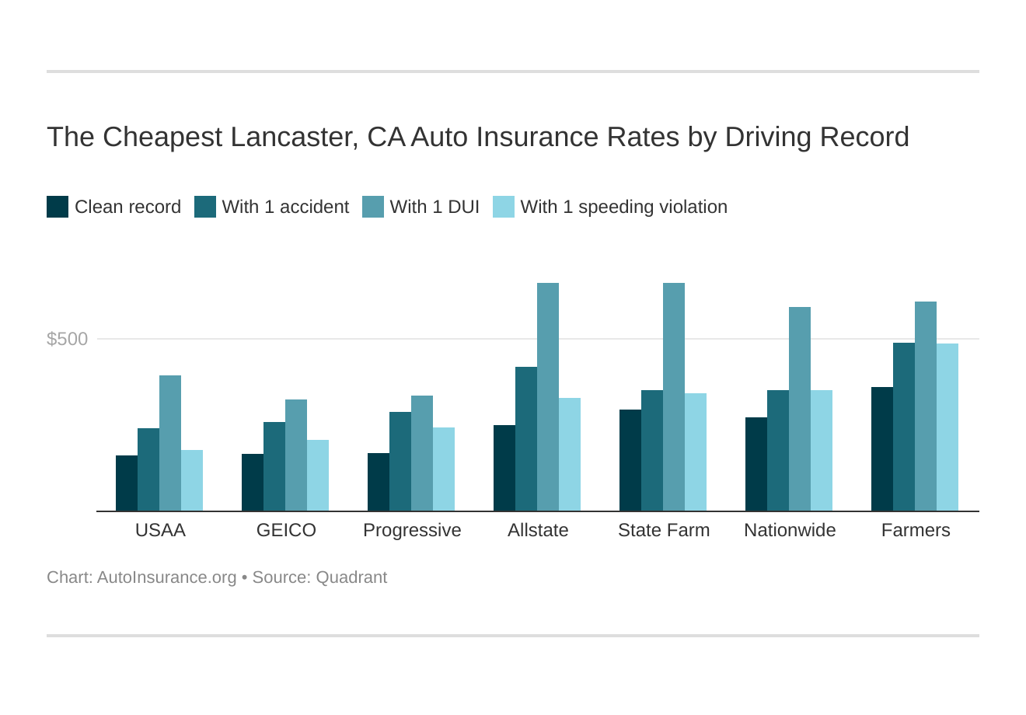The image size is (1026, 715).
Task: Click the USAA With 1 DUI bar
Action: (x=170, y=443)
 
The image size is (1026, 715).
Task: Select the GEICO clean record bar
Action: (x=253, y=482)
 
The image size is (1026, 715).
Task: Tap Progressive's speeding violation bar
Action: (x=444, y=469)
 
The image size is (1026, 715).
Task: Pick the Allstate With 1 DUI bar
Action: (x=548, y=396)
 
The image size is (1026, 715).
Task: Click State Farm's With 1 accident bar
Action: (x=652, y=451)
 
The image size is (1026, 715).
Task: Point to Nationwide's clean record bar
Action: (x=756, y=464)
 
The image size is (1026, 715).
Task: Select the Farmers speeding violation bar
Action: (x=947, y=427)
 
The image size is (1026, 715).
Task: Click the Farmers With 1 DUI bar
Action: (x=926, y=406)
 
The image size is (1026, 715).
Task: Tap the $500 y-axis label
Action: (x=68, y=339)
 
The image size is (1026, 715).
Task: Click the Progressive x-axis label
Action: (x=412, y=530)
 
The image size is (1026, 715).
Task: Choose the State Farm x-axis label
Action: (x=664, y=530)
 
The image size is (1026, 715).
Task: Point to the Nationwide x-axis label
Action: (x=790, y=530)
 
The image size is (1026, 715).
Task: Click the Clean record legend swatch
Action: (x=58, y=207)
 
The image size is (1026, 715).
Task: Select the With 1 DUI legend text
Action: (x=434, y=207)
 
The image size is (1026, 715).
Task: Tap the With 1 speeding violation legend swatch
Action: (x=504, y=207)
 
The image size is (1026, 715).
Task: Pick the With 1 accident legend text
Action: (x=285, y=207)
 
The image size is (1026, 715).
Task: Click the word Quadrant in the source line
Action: (x=351, y=577)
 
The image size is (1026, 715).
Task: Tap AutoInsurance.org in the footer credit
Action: (x=166, y=577)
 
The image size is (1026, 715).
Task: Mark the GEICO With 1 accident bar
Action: (x=274, y=466)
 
